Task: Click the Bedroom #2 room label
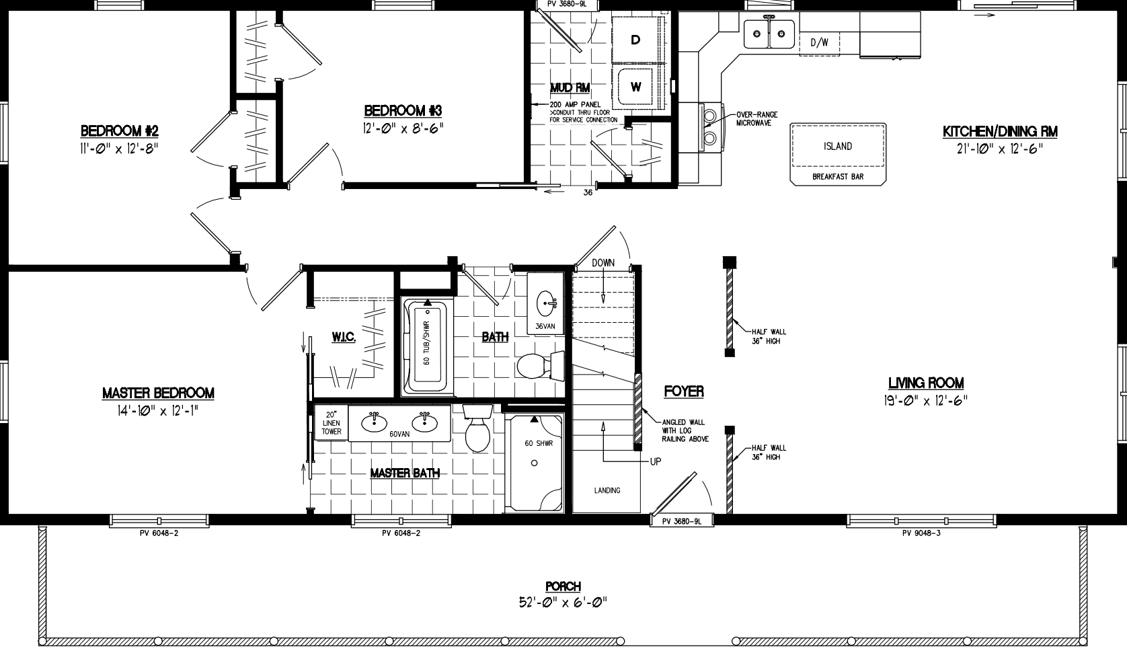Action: [119, 130]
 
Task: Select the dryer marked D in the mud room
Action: [635, 40]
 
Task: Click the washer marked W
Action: [635, 87]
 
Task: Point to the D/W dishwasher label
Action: [819, 43]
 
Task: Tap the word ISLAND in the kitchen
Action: [837, 146]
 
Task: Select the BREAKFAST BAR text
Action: [837, 177]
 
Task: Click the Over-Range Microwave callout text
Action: [756, 118]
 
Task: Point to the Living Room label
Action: [925, 383]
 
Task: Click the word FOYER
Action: [683, 391]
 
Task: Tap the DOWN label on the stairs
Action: [603, 263]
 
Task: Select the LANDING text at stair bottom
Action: [607, 490]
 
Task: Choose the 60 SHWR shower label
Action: [538, 444]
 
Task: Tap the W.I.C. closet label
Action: [343, 337]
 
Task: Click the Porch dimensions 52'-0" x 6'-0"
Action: [563, 603]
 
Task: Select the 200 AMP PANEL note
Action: [575, 106]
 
